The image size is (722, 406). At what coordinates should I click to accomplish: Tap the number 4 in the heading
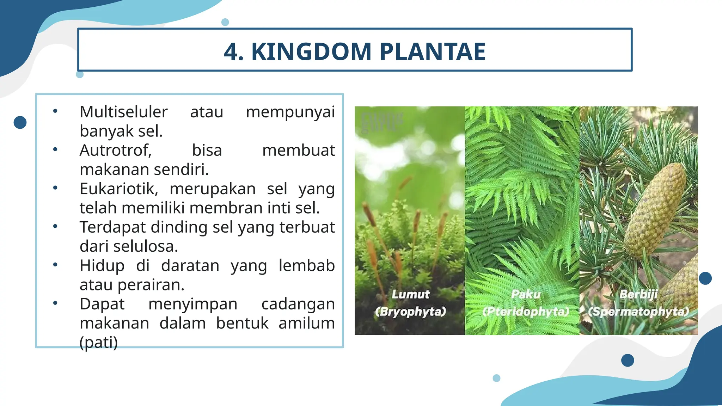click(231, 52)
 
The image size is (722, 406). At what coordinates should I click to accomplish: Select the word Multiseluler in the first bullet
click(123, 112)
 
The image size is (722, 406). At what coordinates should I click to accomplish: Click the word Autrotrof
click(115, 150)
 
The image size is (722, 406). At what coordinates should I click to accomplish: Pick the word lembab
click(306, 265)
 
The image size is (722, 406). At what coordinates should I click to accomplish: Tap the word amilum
click(306, 323)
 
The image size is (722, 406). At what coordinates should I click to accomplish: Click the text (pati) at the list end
click(98, 343)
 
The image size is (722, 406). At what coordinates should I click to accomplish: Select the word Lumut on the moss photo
click(410, 294)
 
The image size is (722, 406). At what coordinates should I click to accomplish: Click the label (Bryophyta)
click(410, 312)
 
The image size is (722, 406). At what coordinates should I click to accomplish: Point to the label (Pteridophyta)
click(526, 312)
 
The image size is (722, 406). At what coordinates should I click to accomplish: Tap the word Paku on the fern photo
click(526, 294)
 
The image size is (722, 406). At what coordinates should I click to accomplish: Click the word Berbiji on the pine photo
click(638, 294)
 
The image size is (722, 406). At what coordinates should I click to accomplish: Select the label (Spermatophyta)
click(638, 312)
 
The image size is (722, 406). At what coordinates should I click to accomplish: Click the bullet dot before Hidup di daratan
click(55, 265)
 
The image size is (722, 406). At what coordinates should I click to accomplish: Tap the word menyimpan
click(192, 304)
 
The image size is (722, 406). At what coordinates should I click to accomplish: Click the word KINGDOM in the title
click(311, 52)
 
